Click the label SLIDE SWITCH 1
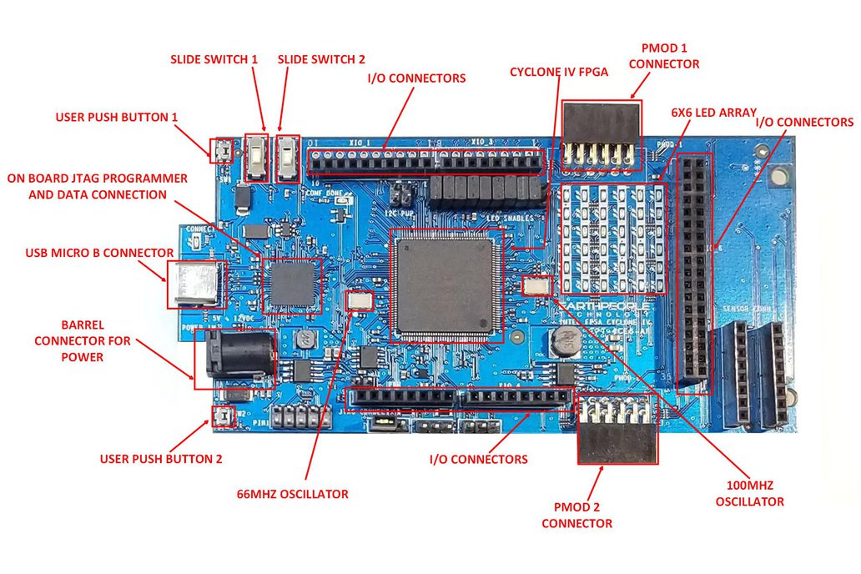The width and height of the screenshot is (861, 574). click(214, 60)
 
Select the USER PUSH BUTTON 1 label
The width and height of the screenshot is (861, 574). click(117, 118)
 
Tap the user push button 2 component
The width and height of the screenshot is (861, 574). click(222, 416)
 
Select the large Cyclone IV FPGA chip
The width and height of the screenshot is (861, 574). click(446, 284)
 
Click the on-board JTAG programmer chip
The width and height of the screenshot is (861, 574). click(292, 284)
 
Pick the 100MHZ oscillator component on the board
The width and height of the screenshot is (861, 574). click(537, 286)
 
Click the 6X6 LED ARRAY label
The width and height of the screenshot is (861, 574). click(713, 112)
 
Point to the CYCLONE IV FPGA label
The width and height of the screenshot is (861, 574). click(559, 72)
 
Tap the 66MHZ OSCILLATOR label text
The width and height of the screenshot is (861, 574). click(292, 494)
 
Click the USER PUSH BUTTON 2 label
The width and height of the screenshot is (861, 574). click(161, 458)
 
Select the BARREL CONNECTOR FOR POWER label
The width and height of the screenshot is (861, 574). click(83, 340)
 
